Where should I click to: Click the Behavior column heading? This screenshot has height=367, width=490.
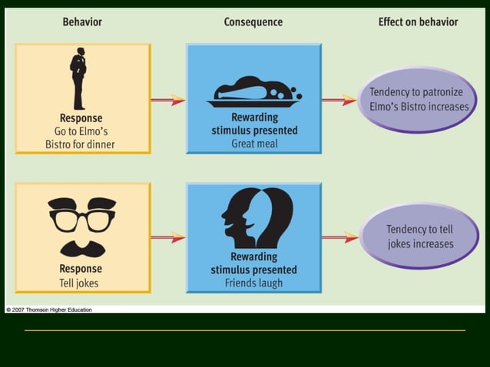(82, 21)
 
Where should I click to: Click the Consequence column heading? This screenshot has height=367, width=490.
(253, 21)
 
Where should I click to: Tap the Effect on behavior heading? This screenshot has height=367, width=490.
(418, 21)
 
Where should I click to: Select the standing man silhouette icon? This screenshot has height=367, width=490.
(78, 79)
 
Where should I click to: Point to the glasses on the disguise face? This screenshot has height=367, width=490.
(82, 218)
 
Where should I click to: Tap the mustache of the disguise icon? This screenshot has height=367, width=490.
(82, 248)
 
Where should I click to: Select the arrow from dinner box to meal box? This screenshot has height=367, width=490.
(167, 100)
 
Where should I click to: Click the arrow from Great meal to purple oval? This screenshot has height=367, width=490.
(339, 100)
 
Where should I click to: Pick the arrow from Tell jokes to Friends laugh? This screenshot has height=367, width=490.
(167, 237)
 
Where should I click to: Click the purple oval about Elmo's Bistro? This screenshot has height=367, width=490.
(419, 99)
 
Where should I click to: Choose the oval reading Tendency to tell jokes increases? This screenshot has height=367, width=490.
(419, 236)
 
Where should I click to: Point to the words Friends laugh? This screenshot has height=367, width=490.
(253, 283)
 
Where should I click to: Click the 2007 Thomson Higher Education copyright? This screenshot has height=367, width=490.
(49, 309)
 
